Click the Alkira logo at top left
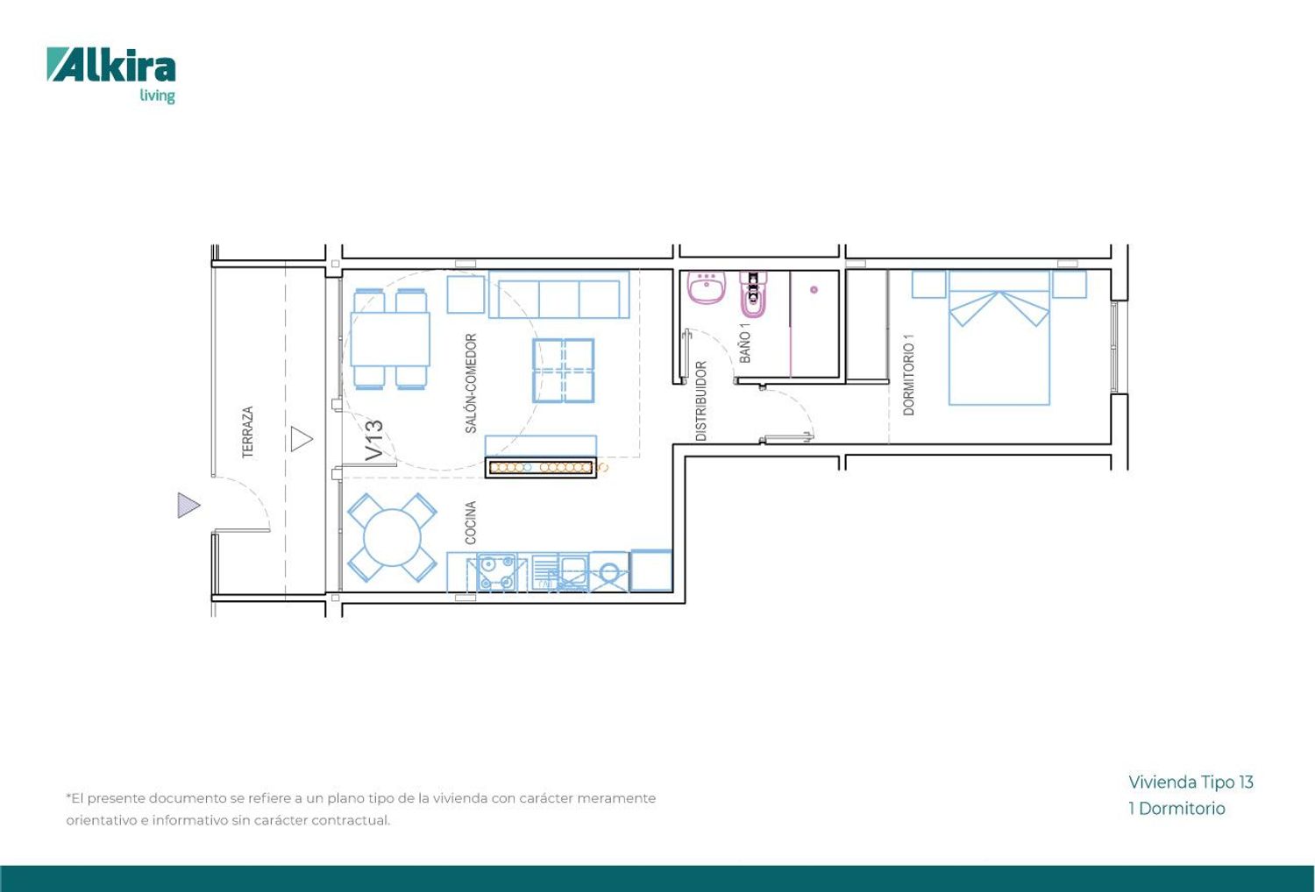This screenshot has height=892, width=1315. click(x=111, y=74)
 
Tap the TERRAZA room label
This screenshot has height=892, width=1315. click(x=248, y=432)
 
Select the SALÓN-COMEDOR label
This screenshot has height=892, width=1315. click(x=471, y=383)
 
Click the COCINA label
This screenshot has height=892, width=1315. click(x=470, y=523)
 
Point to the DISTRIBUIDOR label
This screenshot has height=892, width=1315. click(x=701, y=401)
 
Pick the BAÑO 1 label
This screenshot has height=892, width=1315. click(x=745, y=343)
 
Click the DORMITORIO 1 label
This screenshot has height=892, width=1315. click(x=909, y=375)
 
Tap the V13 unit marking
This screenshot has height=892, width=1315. click(x=374, y=441)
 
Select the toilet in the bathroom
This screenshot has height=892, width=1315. click(x=754, y=294)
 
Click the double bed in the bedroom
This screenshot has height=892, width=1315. click(x=999, y=338)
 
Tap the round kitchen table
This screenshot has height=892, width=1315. click(x=392, y=537)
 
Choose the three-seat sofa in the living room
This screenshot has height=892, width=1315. click(x=559, y=294)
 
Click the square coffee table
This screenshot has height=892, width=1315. click(x=564, y=371)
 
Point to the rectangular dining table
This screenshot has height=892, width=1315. click(x=390, y=340)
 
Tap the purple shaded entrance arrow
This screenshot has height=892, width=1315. click(x=188, y=506)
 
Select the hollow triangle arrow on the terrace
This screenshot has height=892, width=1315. click(x=302, y=439)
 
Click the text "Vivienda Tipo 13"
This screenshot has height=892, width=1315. click(x=1191, y=782)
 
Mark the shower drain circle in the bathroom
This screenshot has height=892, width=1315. click(x=814, y=290)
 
